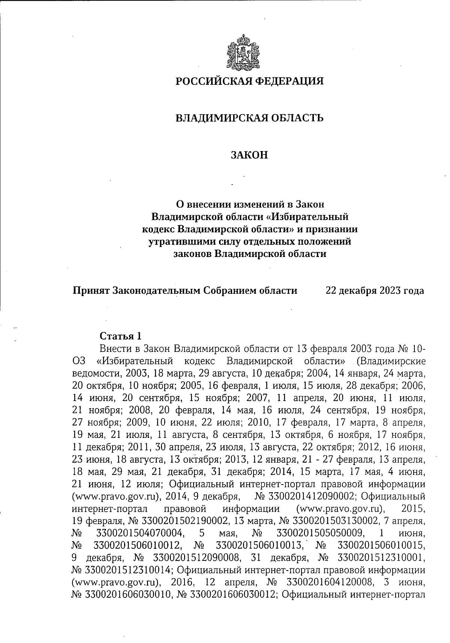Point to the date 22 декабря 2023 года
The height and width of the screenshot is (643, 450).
click(375, 291)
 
